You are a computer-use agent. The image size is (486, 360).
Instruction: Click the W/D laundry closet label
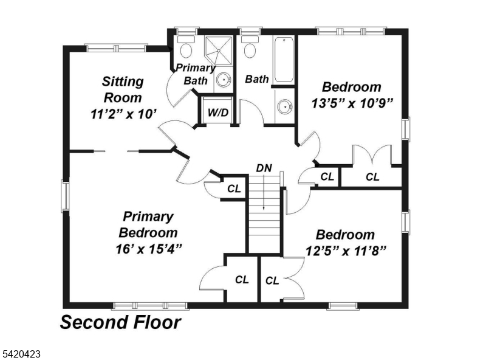point(218,112)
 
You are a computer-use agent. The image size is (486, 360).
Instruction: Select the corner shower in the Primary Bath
point(218,50)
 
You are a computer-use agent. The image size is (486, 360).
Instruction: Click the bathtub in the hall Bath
point(284,60)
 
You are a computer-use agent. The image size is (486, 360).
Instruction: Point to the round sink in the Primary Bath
point(223,80)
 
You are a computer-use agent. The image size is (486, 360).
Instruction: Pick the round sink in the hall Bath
point(284,107)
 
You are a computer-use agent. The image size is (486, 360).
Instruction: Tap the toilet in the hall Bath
point(250,47)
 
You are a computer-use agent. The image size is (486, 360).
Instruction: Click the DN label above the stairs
point(264,168)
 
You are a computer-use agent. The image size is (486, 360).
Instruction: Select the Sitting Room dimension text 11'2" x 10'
point(123,114)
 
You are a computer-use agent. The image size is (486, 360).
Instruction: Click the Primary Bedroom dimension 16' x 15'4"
point(148,249)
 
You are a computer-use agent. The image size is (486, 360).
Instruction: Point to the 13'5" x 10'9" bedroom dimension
point(352,103)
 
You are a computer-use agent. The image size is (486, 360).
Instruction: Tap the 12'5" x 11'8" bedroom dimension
point(346,251)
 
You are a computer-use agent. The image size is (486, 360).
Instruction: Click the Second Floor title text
point(120,322)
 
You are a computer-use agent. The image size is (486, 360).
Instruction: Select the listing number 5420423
point(21,353)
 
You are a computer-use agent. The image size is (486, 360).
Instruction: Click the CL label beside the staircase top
point(234,189)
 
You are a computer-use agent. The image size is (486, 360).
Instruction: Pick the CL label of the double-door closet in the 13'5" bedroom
point(372,177)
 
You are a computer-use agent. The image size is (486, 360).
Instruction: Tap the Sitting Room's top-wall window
point(116,48)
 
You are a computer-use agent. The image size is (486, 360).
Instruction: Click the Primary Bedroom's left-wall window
point(66,196)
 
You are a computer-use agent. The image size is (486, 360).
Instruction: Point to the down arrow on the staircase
point(264,192)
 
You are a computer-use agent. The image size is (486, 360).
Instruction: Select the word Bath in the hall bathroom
point(256,79)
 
